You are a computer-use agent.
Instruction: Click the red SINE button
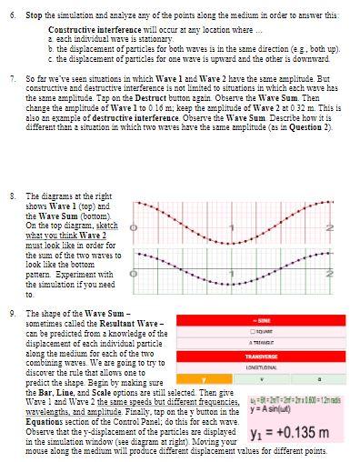click(263, 321)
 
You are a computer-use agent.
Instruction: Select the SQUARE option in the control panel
click(263, 332)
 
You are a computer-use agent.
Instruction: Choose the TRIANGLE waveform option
click(263, 343)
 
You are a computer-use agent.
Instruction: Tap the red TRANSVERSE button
click(263, 357)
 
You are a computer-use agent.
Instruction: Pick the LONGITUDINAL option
click(263, 367)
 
